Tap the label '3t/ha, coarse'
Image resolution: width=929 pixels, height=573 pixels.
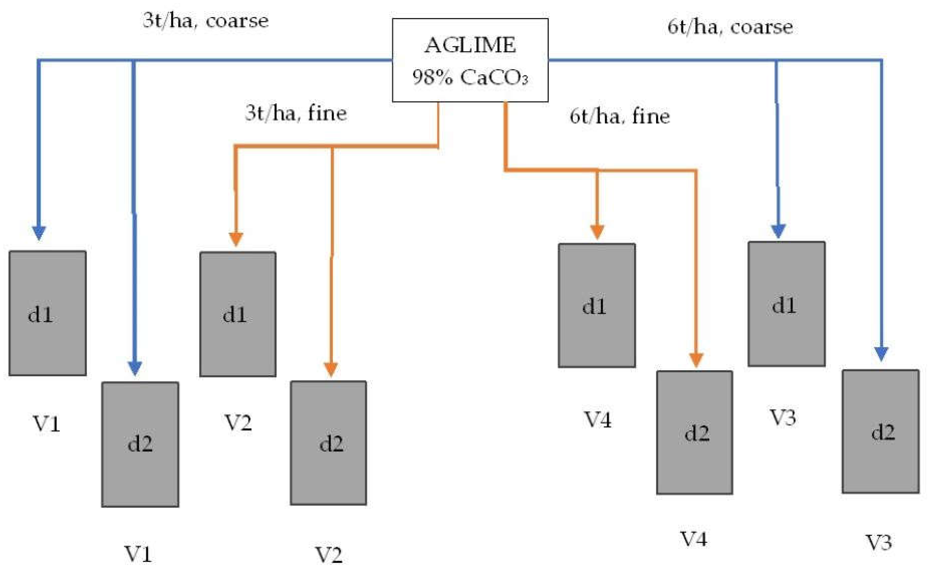click(206, 21)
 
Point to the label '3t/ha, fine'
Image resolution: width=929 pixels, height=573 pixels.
click(296, 113)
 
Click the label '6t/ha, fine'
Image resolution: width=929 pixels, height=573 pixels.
click(619, 116)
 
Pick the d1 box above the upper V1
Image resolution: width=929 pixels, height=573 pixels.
click(48, 313)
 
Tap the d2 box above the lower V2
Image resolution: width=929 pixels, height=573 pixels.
click(328, 443)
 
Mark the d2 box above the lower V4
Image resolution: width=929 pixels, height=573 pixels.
click(694, 433)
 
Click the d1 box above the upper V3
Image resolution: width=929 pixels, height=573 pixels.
click(786, 304)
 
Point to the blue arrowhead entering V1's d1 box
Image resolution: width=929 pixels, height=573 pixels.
click(39, 233)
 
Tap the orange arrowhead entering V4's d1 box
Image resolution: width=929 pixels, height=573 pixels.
click(597, 232)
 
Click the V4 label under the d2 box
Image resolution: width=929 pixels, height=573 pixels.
click(693, 539)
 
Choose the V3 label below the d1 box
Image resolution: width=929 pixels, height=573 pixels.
click(782, 417)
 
